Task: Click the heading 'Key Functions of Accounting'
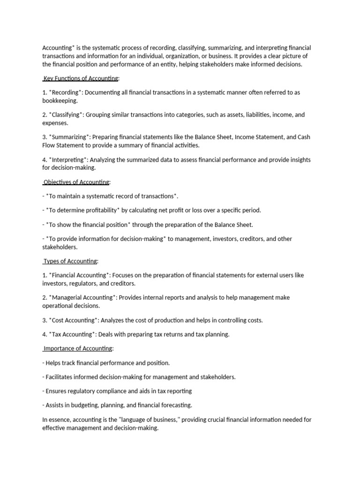pos(82,78)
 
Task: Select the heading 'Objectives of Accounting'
pos(76,182)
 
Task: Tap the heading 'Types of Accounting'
pos(70,261)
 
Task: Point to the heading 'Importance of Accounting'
pos(78,348)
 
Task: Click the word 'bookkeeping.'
pos(60,101)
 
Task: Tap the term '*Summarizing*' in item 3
pos(70,137)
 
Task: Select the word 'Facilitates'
pos(61,377)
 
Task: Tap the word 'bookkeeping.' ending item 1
pos(60,101)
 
